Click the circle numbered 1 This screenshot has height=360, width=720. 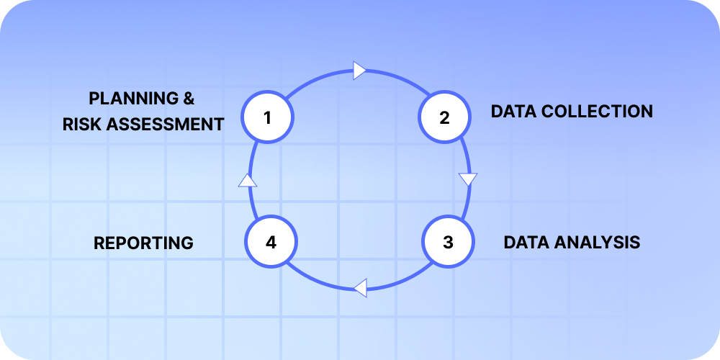click(267, 116)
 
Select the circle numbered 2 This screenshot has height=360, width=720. click(444, 117)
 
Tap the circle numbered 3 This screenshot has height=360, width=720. click(448, 242)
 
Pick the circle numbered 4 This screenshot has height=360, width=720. click(271, 242)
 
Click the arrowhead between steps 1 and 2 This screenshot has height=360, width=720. click(360, 70)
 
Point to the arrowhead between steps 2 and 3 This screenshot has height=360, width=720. click(468, 179)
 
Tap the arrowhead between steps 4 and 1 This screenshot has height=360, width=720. click(248, 180)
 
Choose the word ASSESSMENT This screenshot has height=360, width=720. click(166, 125)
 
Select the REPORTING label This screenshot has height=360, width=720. click(143, 243)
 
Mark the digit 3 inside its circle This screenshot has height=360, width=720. click(448, 242)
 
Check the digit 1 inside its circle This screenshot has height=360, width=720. click(267, 116)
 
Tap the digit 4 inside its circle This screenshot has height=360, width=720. click(271, 242)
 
